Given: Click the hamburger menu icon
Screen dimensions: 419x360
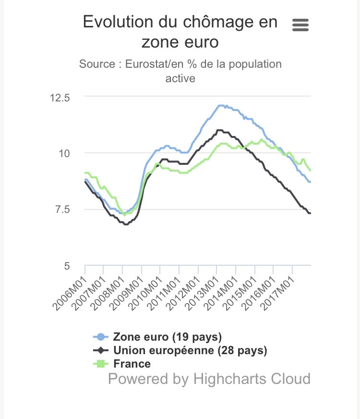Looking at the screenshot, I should (x=300, y=25).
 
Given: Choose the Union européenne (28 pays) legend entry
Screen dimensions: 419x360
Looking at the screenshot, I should (x=190, y=350).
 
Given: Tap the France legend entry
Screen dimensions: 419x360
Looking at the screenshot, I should (x=132, y=364).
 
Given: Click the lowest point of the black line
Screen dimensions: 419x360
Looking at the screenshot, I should (x=126, y=224).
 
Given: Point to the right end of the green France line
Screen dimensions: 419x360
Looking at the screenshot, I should (x=311, y=171).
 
